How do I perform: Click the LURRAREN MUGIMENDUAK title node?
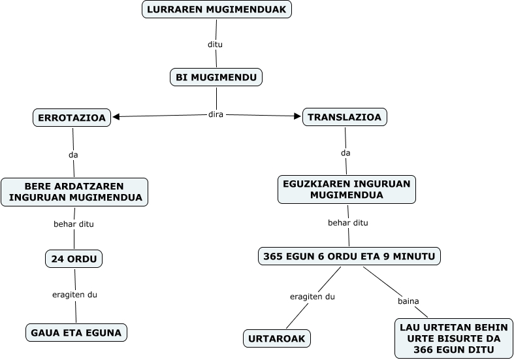pyautogui.click(x=216, y=10)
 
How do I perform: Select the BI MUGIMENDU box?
pyautogui.click(x=216, y=77)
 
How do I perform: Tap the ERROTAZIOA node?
pyautogui.click(x=72, y=118)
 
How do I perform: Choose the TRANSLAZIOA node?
pyautogui.click(x=345, y=117)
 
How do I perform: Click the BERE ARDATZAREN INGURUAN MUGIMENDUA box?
pyautogui.click(x=74, y=192)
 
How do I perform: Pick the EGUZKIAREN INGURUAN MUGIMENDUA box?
pyautogui.click(x=347, y=189)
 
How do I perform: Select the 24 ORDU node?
pyautogui.click(x=74, y=259)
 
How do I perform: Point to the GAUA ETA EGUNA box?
pyautogui.click(x=76, y=333)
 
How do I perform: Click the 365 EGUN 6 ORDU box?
pyautogui.click(x=349, y=256)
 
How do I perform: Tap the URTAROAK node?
pyautogui.click(x=278, y=338)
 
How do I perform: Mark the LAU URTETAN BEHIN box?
pyautogui.click(x=453, y=338)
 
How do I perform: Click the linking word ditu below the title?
pyautogui.click(x=215, y=44)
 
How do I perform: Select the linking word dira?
pyautogui.click(x=216, y=114)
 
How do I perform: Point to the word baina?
pyautogui.click(x=408, y=301)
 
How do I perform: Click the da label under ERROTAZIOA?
pyautogui.click(x=73, y=155)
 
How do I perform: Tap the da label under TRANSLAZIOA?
pyautogui.click(x=345, y=153)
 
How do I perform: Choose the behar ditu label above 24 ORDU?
pyautogui.click(x=74, y=224)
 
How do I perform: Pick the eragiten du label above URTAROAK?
pyautogui.click(x=312, y=297)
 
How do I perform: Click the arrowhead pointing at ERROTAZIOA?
pyautogui.click(x=117, y=117)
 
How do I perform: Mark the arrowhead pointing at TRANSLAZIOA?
pyautogui.click(x=298, y=116)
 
